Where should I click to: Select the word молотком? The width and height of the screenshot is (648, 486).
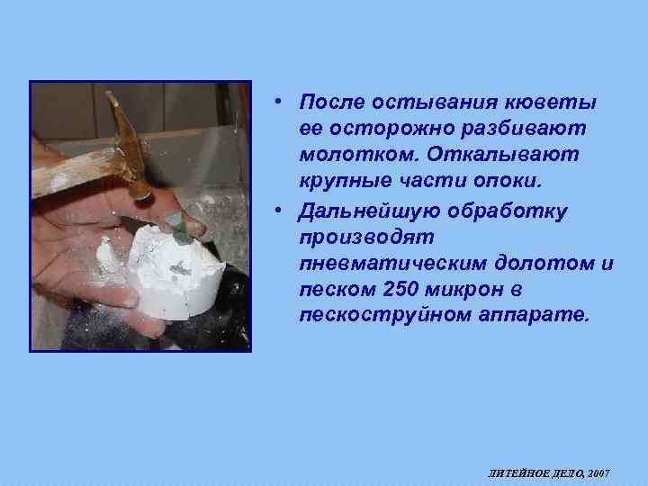(352, 156)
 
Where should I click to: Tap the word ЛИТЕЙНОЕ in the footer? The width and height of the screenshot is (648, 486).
(514, 472)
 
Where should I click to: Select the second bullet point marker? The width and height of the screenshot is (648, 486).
(282, 209)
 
